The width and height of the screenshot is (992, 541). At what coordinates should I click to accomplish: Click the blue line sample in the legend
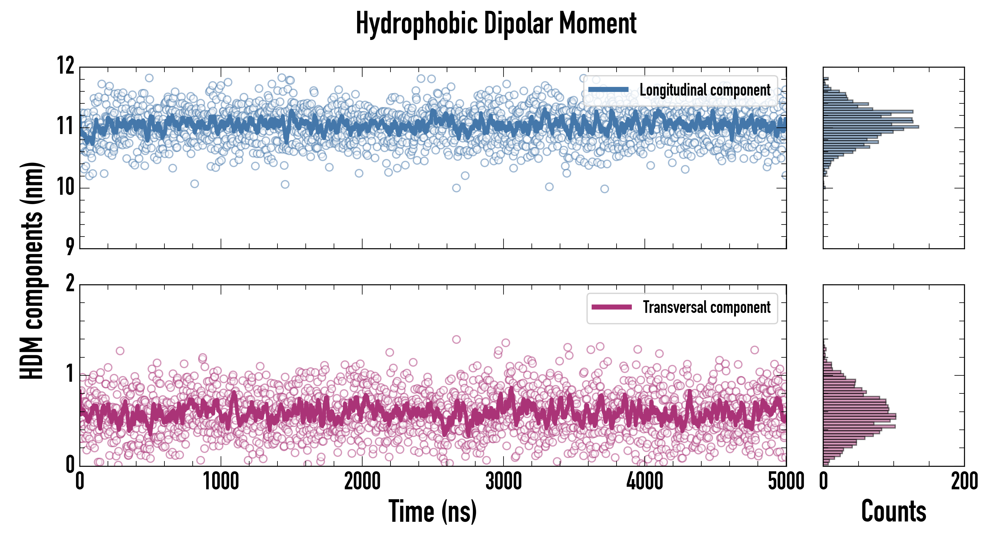pyautogui.click(x=608, y=90)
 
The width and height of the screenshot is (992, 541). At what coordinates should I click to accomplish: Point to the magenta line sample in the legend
pyautogui.click(x=611, y=307)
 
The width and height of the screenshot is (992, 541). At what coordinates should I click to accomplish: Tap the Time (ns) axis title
pyautogui.click(x=433, y=511)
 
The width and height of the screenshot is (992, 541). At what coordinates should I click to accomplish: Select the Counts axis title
pyautogui.click(x=893, y=511)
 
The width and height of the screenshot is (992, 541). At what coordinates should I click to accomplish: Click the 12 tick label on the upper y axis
pyautogui.click(x=66, y=66)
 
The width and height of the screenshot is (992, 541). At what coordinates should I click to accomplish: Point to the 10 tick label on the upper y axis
pyautogui.click(x=66, y=188)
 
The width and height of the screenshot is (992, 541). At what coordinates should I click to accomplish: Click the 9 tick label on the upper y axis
pyautogui.click(x=70, y=247)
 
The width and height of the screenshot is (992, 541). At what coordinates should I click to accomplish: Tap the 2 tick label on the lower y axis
pyautogui.click(x=70, y=284)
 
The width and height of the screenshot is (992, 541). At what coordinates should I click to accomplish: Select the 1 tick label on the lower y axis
pyautogui.click(x=70, y=374)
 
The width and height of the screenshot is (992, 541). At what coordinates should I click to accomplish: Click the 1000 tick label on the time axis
pyautogui.click(x=221, y=481)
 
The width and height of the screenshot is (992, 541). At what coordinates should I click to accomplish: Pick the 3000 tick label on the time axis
pyautogui.click(x=503, y=481)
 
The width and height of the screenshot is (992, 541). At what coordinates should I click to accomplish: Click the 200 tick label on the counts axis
pyautogui.click(x=964, y=481)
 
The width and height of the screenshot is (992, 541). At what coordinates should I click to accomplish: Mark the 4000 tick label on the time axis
pyautogui.click(x=644, y=481)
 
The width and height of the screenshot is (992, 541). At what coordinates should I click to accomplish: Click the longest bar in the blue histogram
pyautogui.click(x=871, y=127)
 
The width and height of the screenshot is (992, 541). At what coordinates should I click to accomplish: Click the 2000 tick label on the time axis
pyautogui.click(x=362, y=481)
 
